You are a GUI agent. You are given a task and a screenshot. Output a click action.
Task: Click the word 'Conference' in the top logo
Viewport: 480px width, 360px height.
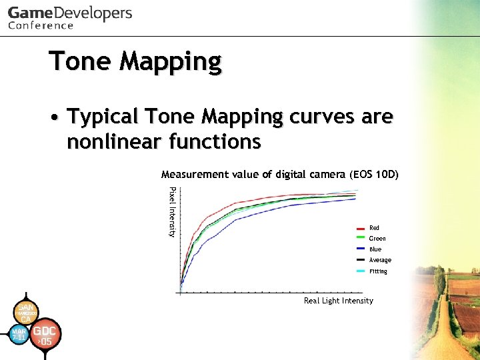[41, 26]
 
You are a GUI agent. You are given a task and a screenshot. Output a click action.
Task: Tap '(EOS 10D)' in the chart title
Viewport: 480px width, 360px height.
[373, 175]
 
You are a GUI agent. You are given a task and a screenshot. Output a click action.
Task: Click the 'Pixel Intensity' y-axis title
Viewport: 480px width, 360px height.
[172, 211]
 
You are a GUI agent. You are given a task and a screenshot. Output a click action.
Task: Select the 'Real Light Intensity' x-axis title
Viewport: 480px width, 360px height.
[338, 301]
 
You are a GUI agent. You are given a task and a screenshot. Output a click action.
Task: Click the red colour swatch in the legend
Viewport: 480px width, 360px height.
[360, 228]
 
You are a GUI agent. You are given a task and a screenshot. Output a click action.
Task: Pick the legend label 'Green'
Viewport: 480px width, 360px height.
[377, 239]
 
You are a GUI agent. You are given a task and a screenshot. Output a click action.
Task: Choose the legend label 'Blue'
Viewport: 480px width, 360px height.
[375, 249]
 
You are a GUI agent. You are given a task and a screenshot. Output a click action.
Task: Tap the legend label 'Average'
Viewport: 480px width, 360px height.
[380, 260]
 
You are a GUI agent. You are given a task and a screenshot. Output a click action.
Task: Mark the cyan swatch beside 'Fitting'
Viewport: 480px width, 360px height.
[360, 271]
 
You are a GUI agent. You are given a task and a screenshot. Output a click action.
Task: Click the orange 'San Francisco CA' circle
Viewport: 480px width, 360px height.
[25, 313]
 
